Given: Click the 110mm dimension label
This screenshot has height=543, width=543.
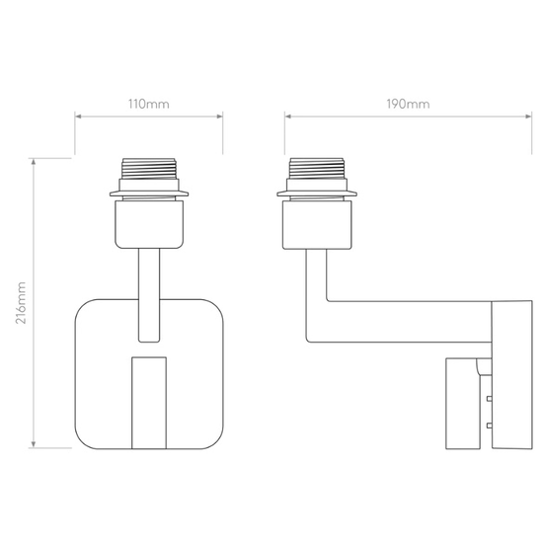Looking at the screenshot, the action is coord(149,104).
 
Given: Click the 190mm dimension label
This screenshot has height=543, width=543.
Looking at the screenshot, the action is coord(409,104).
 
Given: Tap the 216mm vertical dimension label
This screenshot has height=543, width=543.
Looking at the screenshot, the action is coord(21,303).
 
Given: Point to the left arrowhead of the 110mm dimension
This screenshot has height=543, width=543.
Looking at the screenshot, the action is coord(78,116).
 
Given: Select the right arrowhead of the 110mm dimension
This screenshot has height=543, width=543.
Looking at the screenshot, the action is coord(219,116).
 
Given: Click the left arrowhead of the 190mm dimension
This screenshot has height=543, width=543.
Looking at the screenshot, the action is coord(287,116).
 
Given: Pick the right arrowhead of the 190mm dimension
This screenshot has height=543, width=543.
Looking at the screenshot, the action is coord(528,116).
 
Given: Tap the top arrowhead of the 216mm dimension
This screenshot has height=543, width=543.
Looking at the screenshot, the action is coord(34,161).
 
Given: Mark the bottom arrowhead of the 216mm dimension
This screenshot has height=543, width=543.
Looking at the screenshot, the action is coord(34,444).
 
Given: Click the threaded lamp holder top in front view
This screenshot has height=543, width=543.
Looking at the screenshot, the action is coord(149,169).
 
